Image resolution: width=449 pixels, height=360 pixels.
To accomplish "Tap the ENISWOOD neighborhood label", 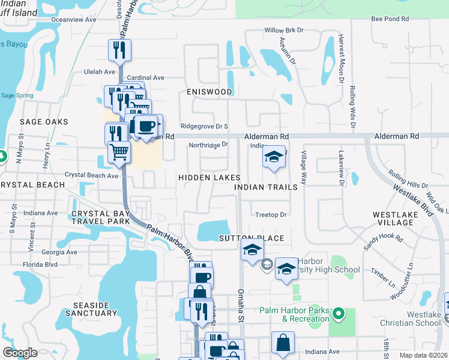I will tap(209, 92).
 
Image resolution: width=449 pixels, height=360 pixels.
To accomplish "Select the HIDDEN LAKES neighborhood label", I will tap(209, 178).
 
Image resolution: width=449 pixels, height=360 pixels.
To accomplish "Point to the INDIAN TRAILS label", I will tap(266, 187).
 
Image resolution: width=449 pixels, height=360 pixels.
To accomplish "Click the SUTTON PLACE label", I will tap(251, 238).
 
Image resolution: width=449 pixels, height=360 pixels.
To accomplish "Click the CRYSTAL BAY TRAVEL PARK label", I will tap(100, 217).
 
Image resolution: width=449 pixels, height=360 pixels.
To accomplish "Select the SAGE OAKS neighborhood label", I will tap(44, 122).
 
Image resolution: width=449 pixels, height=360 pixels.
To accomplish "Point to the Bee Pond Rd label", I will tap(390, 19).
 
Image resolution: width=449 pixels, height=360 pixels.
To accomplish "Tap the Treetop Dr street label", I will tap(271, 214).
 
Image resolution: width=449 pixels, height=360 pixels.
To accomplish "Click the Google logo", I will tap(20, 353).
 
